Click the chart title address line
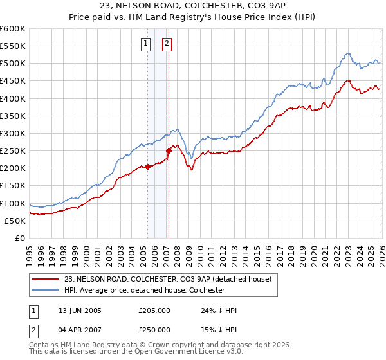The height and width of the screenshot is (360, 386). pyautogui.click(x=192, y=6)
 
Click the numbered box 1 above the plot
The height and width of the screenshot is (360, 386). pyautogui.click(x=145, y=44)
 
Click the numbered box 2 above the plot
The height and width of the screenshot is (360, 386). pyautogui.click(x=167, y=44)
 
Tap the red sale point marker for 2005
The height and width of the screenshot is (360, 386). pyautogui.click(x=147, y=166)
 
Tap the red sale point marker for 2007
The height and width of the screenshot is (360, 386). pyautogui.click(x=168, y=151)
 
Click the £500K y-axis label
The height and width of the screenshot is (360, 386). pyautogui.click(x=13, y=64)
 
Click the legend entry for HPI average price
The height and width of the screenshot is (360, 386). pyautogui.click(x=143, y=290)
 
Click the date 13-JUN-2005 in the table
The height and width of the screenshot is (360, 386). pyautogui.click(x=80, y=310)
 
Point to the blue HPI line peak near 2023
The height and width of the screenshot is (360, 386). pyautogui.click(x=347, y=53)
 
